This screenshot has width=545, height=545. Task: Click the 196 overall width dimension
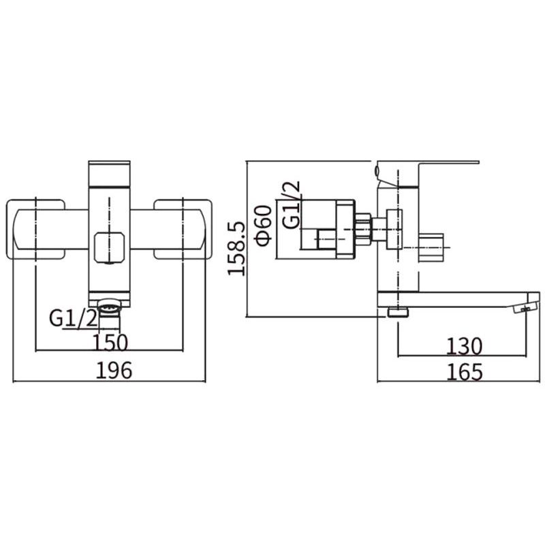point(114,370)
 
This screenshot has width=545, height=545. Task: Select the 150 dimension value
point(110,343)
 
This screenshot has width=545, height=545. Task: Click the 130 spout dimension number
point(464,346)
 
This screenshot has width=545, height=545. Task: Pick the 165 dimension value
point(465,372)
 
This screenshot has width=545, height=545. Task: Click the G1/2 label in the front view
point(74,318)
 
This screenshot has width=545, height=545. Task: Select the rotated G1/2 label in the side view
point(291,205)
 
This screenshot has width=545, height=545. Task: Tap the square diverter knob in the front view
point(109,247)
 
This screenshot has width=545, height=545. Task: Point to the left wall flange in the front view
point(35,229)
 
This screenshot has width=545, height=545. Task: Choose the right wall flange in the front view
point(183,229)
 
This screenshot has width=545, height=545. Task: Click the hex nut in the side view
point(363,229)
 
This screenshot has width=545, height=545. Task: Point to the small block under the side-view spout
point(398,312)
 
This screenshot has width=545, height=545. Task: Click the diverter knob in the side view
point(431,248)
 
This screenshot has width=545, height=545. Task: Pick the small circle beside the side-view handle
point(377,171)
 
